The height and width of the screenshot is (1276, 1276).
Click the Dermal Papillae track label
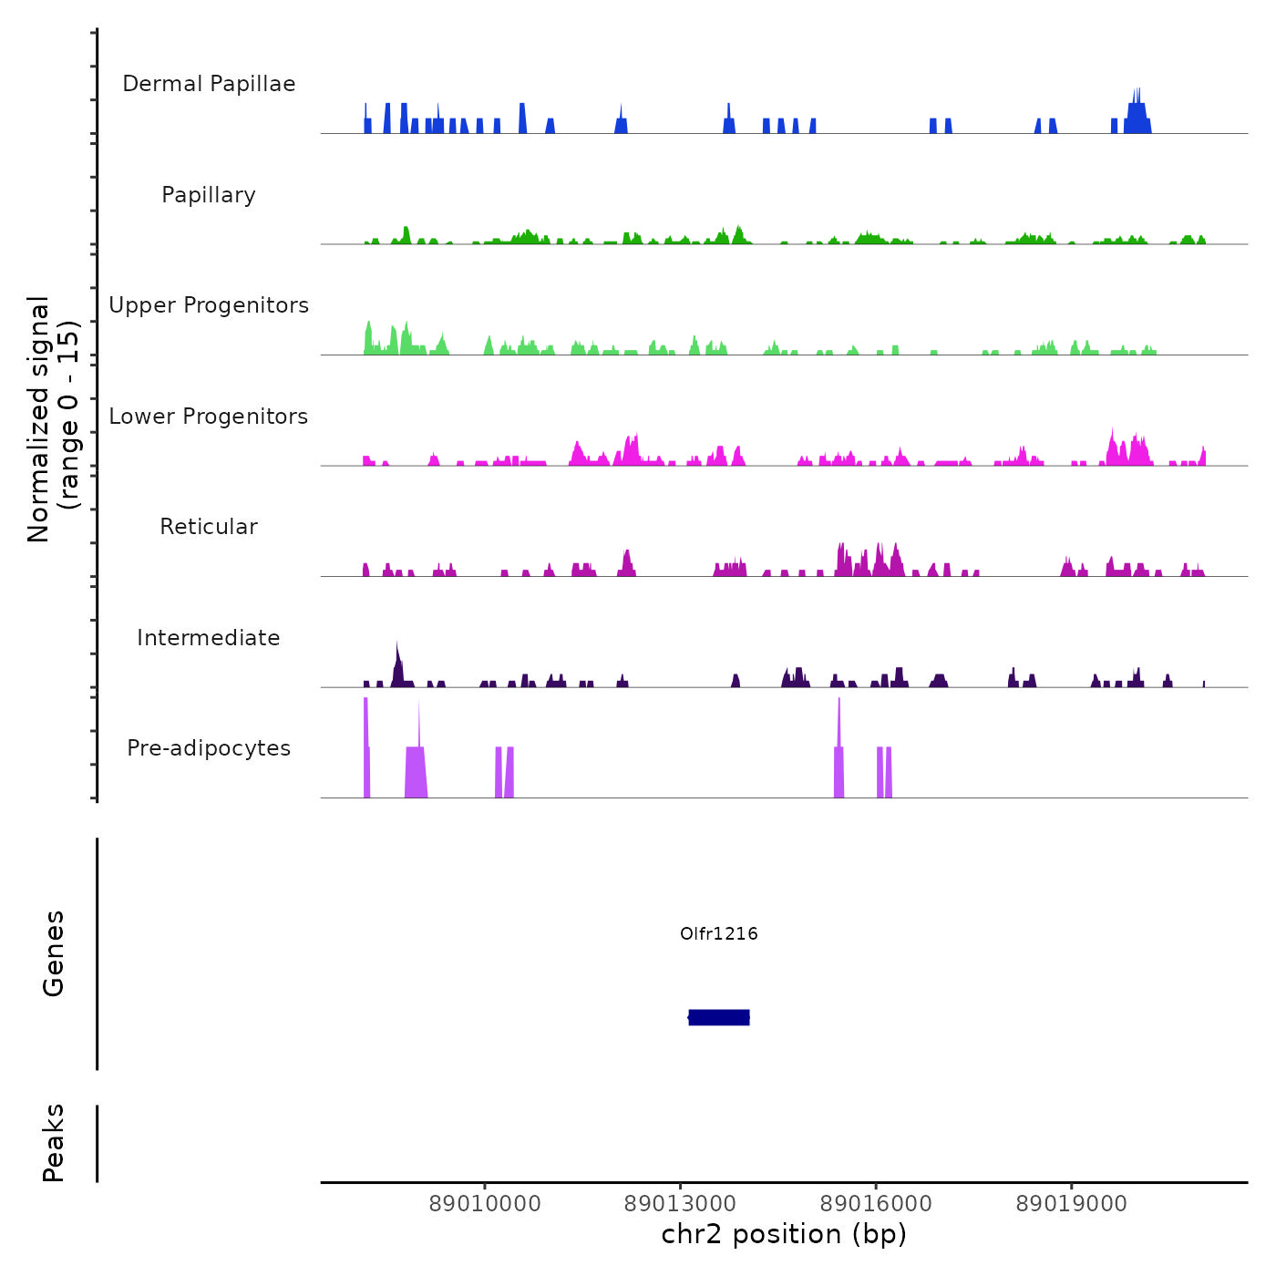(x=209, y=84)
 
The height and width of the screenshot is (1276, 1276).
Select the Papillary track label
(x=209, y=195)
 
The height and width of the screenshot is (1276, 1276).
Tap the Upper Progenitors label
(x=209, y=305)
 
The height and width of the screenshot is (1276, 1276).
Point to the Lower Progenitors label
(x=209, y=417)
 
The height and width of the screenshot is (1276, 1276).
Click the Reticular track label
(x=209, y=527)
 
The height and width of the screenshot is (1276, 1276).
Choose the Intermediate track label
(x=209, y=638)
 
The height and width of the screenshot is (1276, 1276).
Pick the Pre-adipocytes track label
(x=209, y=748)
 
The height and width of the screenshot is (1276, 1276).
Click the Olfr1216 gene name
(x=719, y=933)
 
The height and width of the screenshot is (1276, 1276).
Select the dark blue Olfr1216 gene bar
(x=719, y=1017)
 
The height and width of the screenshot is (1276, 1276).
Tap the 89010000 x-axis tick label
(x=485, y=1204)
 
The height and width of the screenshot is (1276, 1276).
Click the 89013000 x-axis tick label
(x=680, y=1204)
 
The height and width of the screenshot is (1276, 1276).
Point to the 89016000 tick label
(x=876, y=1204)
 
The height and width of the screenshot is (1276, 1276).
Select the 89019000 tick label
(x=1071, y=1204)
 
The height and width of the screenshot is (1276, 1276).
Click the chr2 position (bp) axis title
(x=784, y=1234)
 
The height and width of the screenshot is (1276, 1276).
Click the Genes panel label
(x=54, y=953)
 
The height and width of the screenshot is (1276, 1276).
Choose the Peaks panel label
(x=54, y=1143)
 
